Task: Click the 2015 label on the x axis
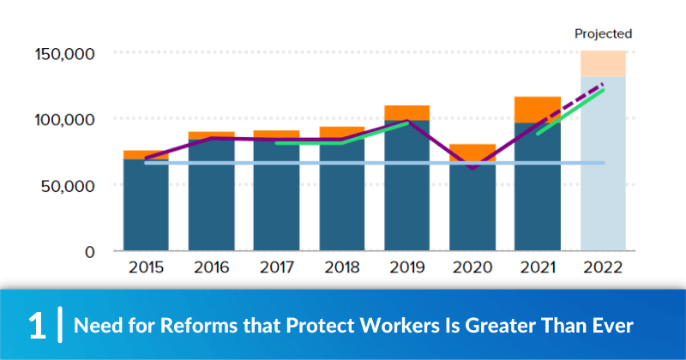click(146, 267)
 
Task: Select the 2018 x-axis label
click(341, 267)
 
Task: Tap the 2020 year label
click(472, 267)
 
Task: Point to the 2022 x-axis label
click(603, 267)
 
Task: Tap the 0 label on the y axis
click(89, 251)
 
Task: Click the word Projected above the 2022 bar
click(603, 34)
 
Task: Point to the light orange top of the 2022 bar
click(603, 64)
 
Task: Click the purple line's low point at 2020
click(472, 167)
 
